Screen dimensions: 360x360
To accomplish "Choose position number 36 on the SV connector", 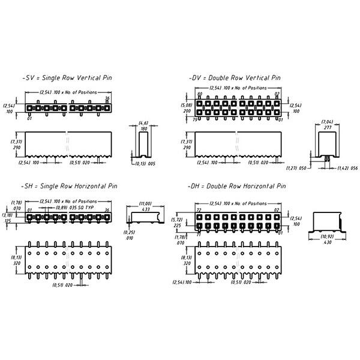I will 107,98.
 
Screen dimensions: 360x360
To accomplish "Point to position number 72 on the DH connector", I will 199,210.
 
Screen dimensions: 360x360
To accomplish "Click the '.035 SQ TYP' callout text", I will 82,207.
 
